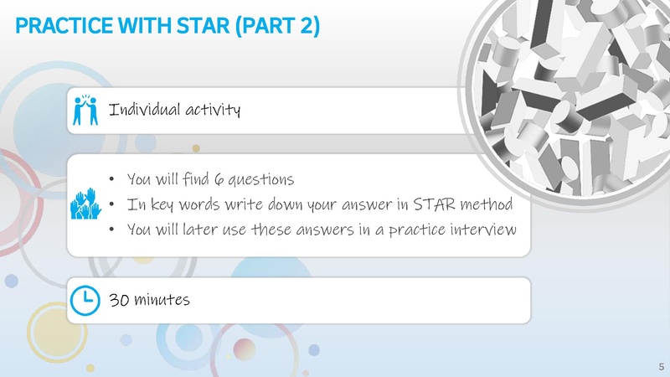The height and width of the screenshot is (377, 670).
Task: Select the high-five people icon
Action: [81, 110]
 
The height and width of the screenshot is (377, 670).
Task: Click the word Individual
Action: [136, 109]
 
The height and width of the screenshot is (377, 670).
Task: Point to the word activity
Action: [209, 109]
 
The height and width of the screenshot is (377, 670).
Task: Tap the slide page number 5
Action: [661, 367]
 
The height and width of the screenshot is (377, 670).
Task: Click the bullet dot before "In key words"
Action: [111, 205]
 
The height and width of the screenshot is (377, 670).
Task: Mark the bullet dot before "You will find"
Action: [111, 180]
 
